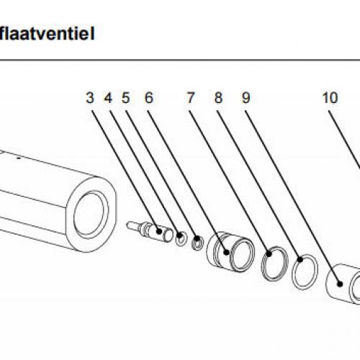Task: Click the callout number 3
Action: [x=90, y=98]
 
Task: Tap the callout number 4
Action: [x=108, y=98]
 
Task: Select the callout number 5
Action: [x=126, y=98]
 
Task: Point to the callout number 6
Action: [x=149, y=98]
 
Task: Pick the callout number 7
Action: [x=190, y=98]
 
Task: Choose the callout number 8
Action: [x=218, y=98]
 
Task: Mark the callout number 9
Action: [x=246, y=98]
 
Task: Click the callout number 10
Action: [x=330, y=98]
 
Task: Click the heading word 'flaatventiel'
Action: [x=47, y=34]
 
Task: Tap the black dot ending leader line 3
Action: [x=159, y=231]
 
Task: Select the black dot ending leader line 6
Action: [x=197, y=239]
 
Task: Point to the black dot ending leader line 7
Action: [x=226, y=252]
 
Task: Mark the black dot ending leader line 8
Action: [x=269, y=253]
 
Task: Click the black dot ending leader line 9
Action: [x=300, y=259]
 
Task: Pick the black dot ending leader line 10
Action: [x=340, y=284]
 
